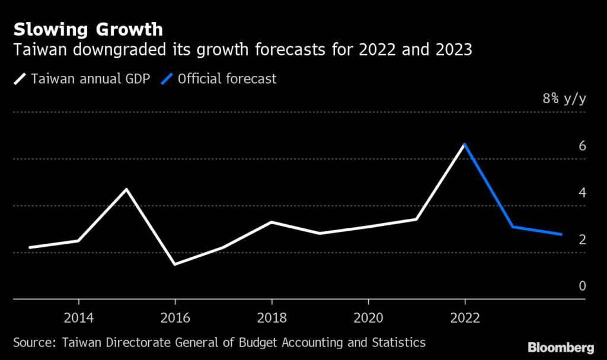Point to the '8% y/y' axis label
(x=564, y=98)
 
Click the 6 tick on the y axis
(x=582, y=145)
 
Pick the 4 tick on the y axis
(x=582, y=192)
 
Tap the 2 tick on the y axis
(x=582, y=239)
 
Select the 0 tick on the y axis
(x=582, y=286)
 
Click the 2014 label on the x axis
(x=78, y=317)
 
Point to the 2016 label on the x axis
(x=175, y=317)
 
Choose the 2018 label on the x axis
(x=271, y=317)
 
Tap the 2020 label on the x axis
(x=368, y=317)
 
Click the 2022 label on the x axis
(x=465, y=317)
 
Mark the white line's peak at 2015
(x=127, y=189)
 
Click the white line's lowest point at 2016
(x=175, y=264)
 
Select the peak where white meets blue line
(x=465, y=144)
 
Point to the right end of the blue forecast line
(x=561, y=234)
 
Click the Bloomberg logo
(x=560, y=346)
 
